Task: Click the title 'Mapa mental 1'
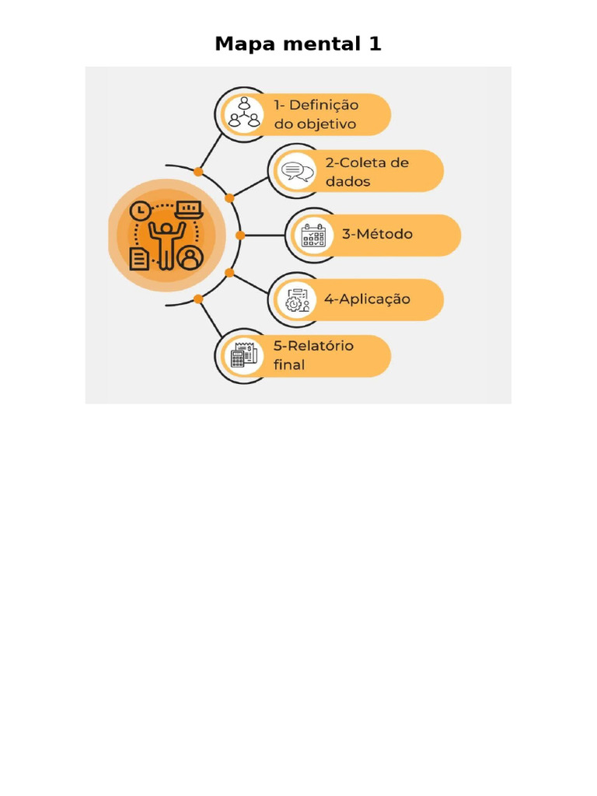click(x=298, y=44)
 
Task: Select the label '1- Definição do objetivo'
click(x=315, y=114)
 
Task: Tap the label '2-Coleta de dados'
click(x=367, y=172)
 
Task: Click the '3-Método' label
click(x=378, y=234)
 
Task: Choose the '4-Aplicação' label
click(x=367, y=299)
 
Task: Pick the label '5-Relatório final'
click(x=313, y=355)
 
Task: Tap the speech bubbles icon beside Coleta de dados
click(x=297, y=172)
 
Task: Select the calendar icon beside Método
click(x=313, y=235)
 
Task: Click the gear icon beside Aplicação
click(x=297, y=300)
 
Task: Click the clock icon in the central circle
click(x=141, y=211)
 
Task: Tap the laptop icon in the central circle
click(x=188, y=210)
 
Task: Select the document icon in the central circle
click(x=140, y=258)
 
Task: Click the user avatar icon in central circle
click(x=190, y=257)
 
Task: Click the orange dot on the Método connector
click(x=240, y=235)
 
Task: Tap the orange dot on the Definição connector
click(x=198, y=172)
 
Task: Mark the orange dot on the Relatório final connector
click(x=198, y=298)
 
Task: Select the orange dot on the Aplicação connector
click(x=229, y=272)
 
